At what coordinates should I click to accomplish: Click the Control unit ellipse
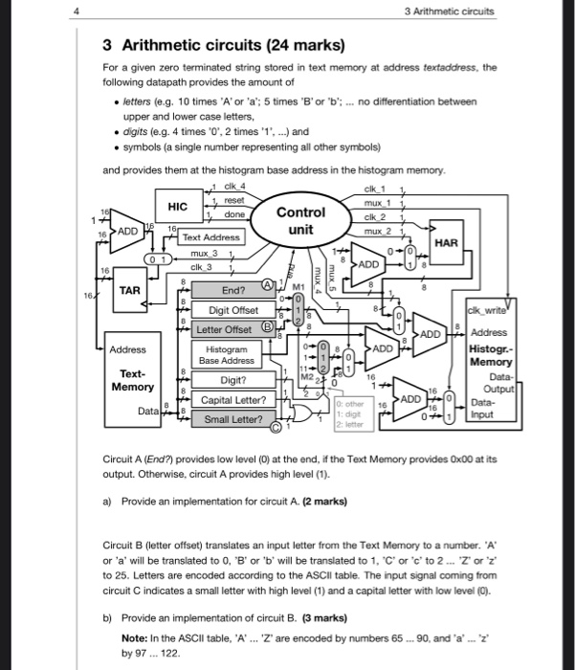[301, 221]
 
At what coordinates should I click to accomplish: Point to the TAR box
[130, 288]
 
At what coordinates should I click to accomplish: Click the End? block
[233, 291]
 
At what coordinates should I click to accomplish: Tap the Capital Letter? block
[233, 399]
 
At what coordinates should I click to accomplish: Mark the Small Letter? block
[232, 419]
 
